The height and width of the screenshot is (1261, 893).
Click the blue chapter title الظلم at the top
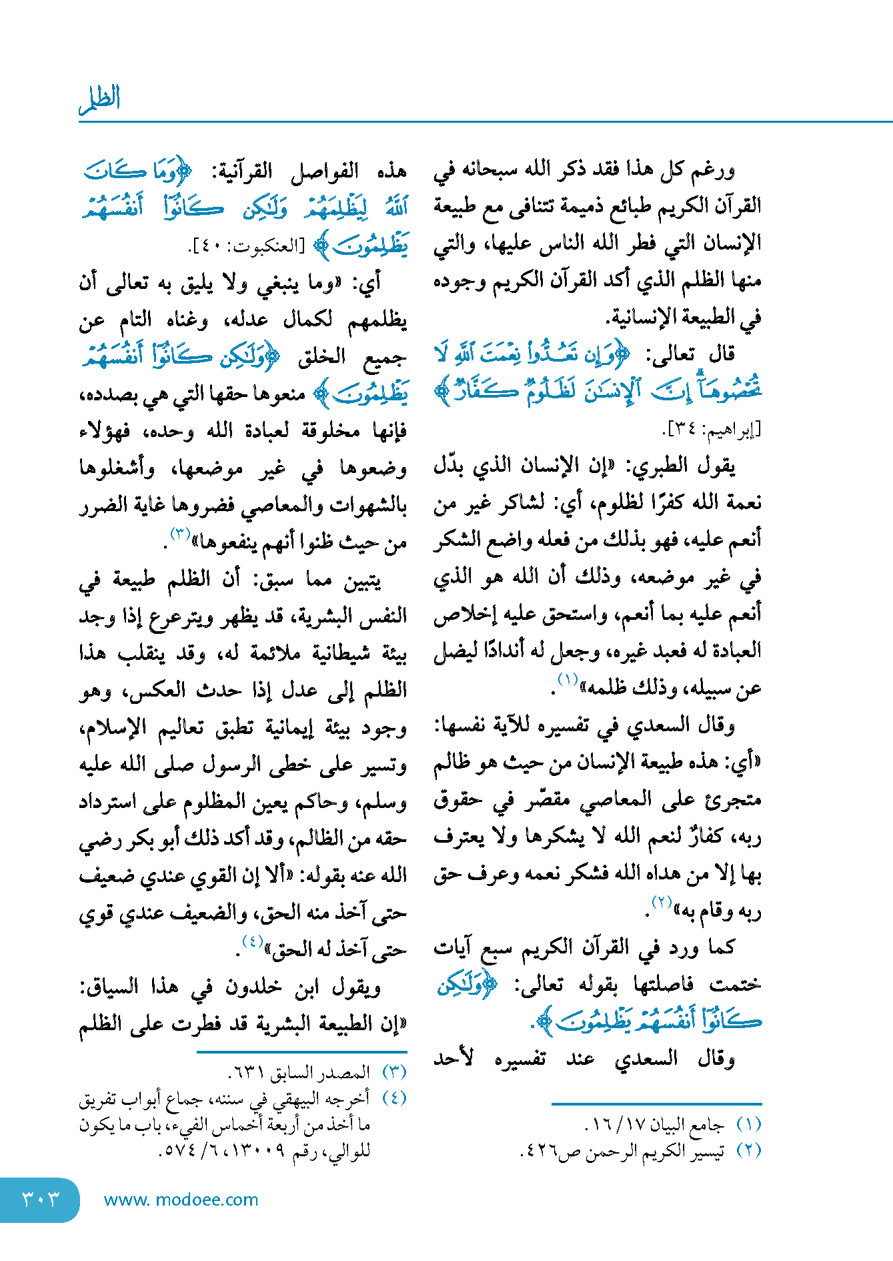coord(100,99)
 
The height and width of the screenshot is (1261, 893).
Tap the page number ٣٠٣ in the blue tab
coord(41,1199)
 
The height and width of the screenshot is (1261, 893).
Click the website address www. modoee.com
coord(181,1200)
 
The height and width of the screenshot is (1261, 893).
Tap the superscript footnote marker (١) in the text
coord(568,681)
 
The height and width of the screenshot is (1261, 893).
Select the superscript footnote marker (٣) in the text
coord(181,534)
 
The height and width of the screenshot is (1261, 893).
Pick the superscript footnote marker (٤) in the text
coord(253,941)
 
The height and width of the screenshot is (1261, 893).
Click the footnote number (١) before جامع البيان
coord(749,1125)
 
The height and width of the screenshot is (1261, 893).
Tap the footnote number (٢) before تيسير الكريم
coord(749,1150)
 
